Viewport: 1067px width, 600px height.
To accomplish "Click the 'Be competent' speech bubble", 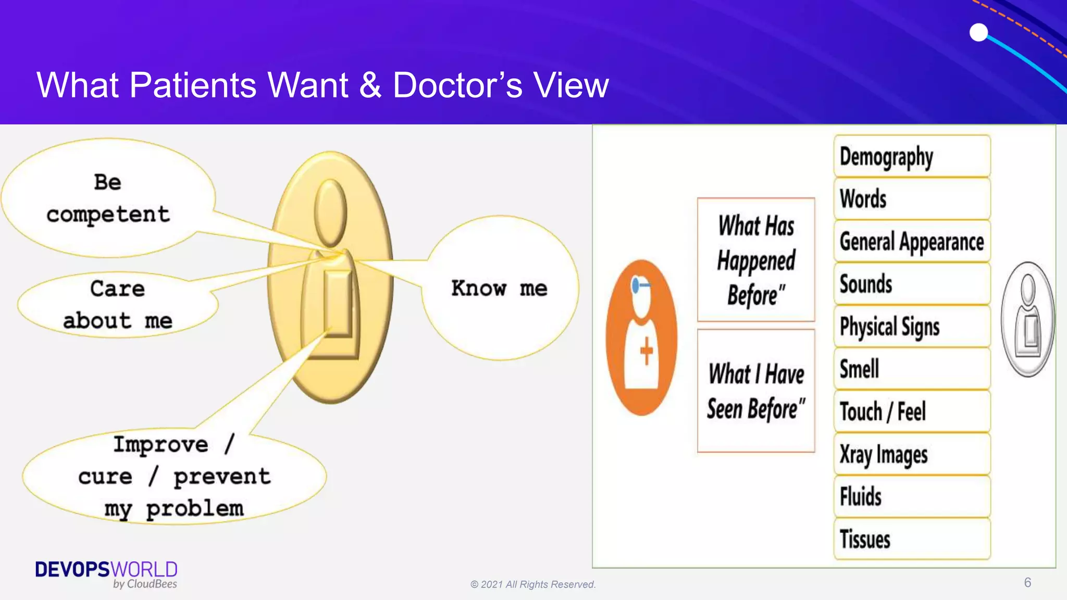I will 108,198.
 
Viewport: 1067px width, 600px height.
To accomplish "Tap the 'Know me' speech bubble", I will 499,289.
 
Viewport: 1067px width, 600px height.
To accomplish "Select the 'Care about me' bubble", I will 118,305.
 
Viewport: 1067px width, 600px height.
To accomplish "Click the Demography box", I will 912,156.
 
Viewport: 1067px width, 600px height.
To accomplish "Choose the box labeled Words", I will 912,199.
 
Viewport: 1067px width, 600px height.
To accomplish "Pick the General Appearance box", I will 912,242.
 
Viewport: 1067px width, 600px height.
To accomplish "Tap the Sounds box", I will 912,284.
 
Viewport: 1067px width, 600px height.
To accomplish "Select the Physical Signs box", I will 912,327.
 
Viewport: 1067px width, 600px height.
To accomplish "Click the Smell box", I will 912,369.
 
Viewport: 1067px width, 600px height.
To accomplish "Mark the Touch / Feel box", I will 912,411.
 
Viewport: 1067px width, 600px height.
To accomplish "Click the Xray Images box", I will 912,454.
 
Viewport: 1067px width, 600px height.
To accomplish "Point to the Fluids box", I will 912,496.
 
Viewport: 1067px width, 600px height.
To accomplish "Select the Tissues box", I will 912,539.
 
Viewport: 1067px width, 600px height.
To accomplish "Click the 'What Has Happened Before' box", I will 756,260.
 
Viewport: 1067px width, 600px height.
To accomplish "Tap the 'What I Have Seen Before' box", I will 756,391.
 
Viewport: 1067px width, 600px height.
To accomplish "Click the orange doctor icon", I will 642,337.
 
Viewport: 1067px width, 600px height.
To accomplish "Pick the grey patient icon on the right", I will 1028,319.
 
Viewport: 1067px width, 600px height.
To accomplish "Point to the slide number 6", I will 1027,582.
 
